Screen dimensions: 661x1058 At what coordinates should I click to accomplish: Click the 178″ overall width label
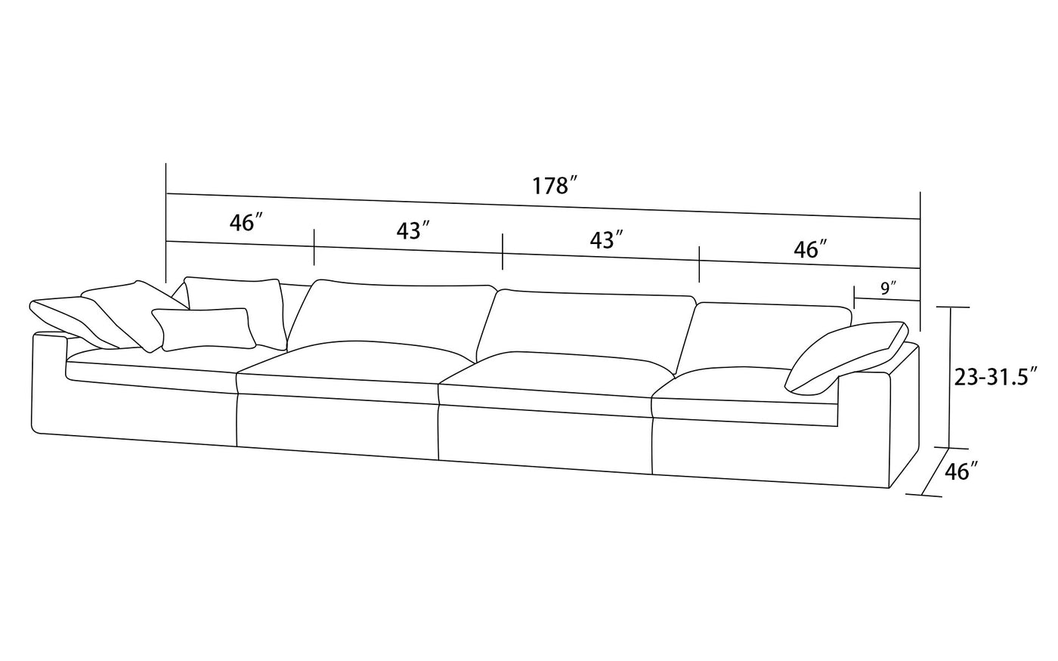[x=555, y=185]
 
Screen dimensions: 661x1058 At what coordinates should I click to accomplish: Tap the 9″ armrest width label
[x=888, y=288]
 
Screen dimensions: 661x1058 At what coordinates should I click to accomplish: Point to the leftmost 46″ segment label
[x=246, y=223]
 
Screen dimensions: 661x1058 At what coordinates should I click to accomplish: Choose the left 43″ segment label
[x=413, y=231]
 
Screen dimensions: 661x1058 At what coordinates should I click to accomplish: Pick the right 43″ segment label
[x=606, y=240]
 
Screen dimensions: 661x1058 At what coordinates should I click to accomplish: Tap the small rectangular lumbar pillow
[x=203, y=329]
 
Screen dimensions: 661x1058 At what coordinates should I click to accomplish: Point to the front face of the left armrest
[x=48, y=385]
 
